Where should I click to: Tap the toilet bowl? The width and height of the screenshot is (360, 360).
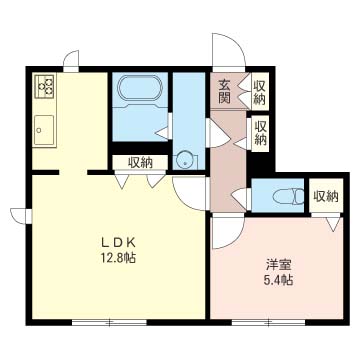tap(288, 197)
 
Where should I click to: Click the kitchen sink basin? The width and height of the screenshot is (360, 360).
tap(44, 130)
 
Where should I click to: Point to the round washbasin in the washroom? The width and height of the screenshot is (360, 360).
tap(183, 160)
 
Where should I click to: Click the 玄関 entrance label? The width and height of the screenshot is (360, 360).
tap(224, 92)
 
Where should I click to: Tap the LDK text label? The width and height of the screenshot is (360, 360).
tap(118, 243)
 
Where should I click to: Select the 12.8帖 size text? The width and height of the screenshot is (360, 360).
tap(118, 258)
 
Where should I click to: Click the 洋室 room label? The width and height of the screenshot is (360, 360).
tap(279, 266)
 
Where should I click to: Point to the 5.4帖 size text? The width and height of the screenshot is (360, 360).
tap(279, 281)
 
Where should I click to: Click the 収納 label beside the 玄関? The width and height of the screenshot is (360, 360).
tap(260, 92)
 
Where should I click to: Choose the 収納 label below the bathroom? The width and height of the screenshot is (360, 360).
tap(140, 163)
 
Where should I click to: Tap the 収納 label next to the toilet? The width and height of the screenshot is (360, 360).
tap(326, 196)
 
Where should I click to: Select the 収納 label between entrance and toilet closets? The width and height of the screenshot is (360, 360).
tap(260, 133)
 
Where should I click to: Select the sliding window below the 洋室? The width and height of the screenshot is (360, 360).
tap(268, 322)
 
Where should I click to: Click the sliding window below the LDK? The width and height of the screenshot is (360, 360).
tap(109, 322)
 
